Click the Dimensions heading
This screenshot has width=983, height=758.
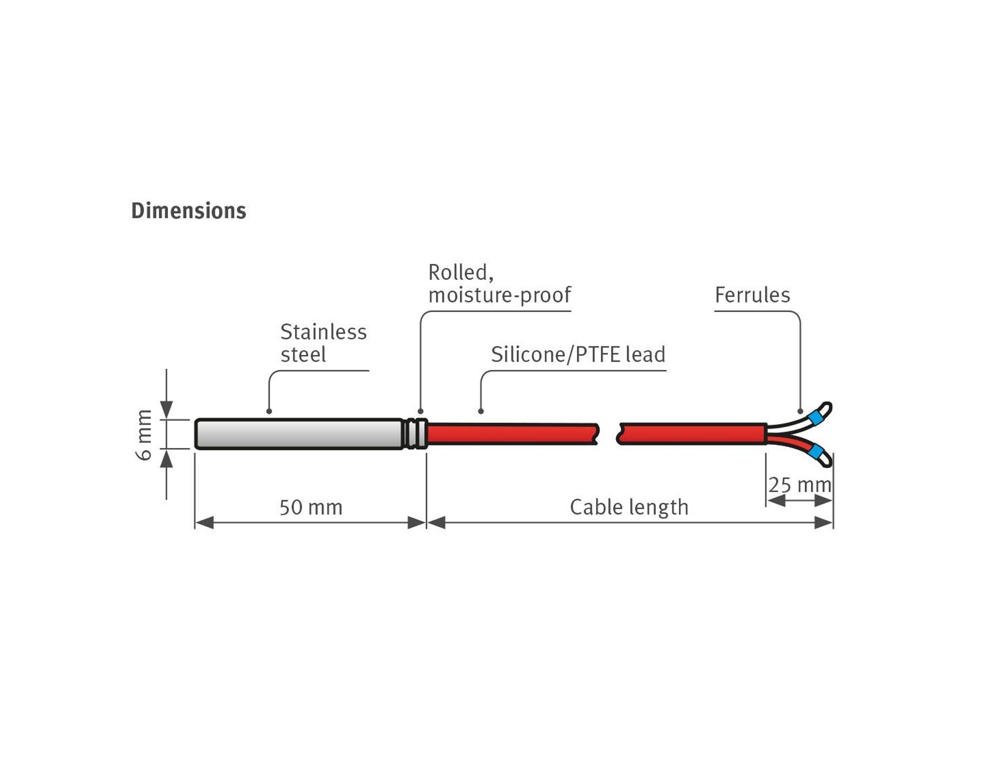tap(188, 211)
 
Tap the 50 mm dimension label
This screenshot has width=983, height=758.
tap(311, 508)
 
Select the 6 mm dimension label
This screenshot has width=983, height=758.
tap(144, 434)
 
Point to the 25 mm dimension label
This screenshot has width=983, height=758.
tap(800, 485)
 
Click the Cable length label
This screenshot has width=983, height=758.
tap(629, 508)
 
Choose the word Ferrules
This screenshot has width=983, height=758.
tap(752, 295)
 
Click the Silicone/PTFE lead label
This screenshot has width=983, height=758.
tap(578, 354)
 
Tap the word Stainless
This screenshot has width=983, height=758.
tap(324, 332)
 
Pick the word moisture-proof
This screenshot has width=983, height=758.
tap(499, 295)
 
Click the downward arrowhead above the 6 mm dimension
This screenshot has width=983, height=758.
tap(166, 410)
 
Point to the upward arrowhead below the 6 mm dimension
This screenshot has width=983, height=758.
tap(166, 459)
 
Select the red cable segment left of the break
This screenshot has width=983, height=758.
tap(512, 434)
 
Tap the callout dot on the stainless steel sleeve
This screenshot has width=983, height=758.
tap(269, 411)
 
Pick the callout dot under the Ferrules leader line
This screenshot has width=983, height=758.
tap(800, 411)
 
